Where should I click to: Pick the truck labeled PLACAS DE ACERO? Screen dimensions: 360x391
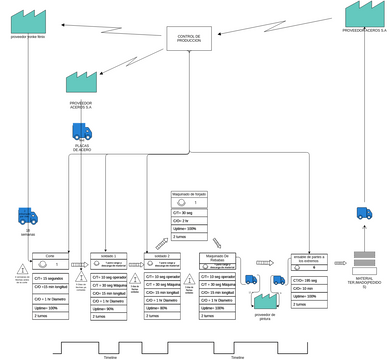(x=82, y=131)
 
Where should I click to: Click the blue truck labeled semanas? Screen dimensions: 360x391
(x=28, y=216)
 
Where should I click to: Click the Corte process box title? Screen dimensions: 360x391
(x=50, y=255)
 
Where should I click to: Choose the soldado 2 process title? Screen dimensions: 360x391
(x=162, y=255)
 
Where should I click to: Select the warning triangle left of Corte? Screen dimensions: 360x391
(x=22, y=268)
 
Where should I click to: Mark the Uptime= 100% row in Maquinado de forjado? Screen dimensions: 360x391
(x=189, y=228)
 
